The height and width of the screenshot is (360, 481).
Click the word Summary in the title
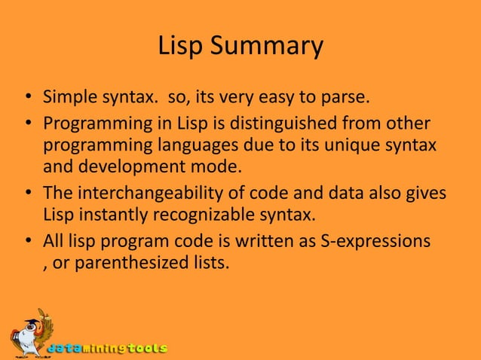(x=267, y=47)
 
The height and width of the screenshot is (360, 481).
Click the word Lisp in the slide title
(x=182, y=47)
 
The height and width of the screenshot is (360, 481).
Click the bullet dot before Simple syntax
(x=26, y=98)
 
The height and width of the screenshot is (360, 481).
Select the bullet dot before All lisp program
(x=26, y=242)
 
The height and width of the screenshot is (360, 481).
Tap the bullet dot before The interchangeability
(x=26, y=194)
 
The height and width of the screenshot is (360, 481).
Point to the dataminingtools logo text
(x=107, y=349)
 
